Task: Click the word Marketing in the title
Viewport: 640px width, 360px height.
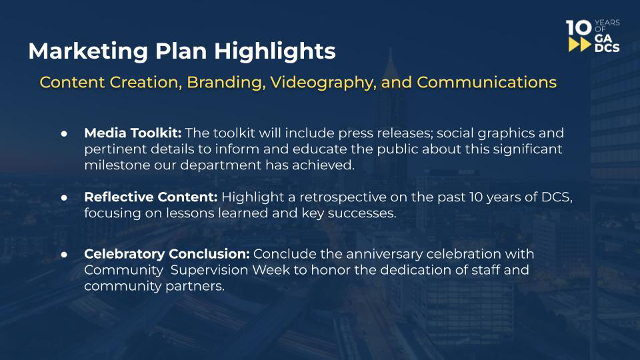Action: pos(89,52)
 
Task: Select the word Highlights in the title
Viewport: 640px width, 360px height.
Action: pos(275,52)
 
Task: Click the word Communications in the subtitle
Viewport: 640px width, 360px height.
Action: pos(487,83)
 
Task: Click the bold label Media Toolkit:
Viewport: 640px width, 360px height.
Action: pos(133,133)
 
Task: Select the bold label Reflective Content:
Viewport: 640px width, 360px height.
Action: pos(151,197)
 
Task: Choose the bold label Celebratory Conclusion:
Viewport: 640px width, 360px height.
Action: pos(167,254)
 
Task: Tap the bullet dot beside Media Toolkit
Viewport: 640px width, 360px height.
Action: pos(64,133)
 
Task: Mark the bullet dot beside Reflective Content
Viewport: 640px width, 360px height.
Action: pos(64,197)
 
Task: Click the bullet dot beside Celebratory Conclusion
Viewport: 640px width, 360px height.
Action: pos(64,254)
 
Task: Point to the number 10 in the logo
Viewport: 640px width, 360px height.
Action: pos(579,28)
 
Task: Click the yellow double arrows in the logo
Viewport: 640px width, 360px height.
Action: pos(580,45)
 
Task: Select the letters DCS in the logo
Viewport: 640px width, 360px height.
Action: pos(607,48)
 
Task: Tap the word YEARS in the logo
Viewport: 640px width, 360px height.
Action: pos(607,23)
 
